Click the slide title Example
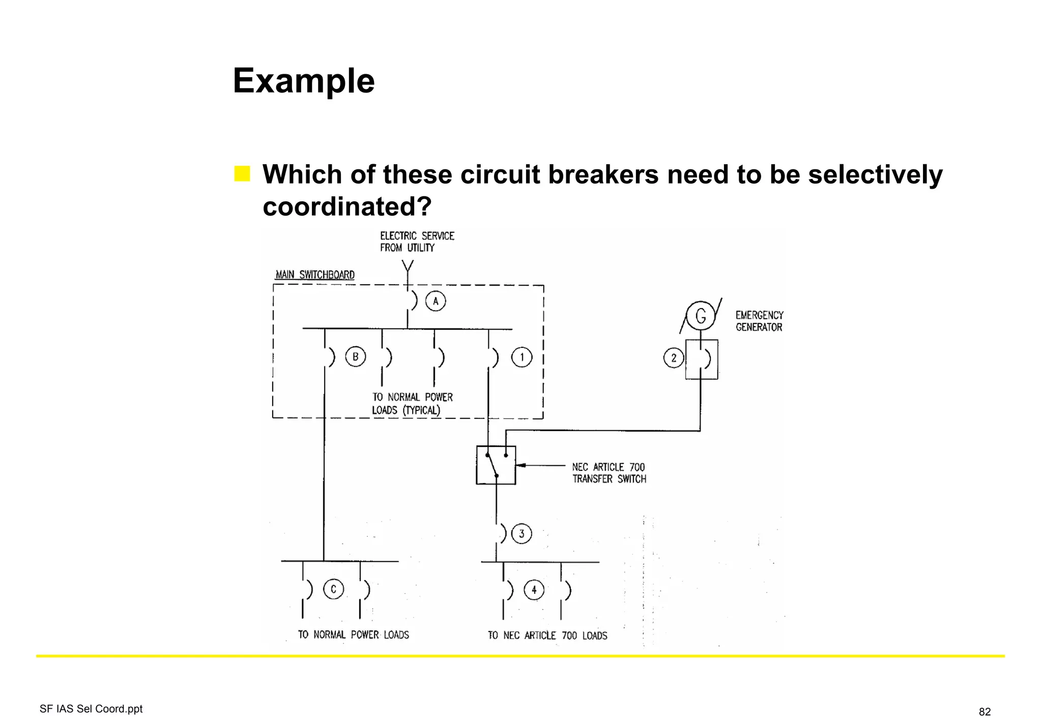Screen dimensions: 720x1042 click(303, 81)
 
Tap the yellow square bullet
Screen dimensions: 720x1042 click(242, 173)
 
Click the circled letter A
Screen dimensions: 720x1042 click(436, 301)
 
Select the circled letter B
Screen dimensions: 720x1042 click(355, 357)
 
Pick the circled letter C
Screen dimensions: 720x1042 click(333, 589)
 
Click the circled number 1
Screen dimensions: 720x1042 click(522, 357)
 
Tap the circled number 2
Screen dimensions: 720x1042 click(674, 358)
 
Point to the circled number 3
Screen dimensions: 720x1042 click(522, 534)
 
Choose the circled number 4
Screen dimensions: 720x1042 click(534, 590)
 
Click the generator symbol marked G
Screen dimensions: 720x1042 click(701, 316)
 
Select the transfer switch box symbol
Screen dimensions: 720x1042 click(496, 465)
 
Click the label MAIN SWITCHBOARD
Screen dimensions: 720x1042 click(315, 275)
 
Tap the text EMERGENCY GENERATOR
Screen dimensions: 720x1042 click(759, 321)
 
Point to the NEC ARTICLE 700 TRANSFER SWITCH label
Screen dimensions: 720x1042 click(609, 473)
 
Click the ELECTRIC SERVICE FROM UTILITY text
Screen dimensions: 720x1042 click(417, 242)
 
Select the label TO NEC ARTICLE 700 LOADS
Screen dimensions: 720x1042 click(547, 636)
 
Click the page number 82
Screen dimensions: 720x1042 click(985, 711)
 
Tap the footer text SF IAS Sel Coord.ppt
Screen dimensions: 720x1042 click(91, 709)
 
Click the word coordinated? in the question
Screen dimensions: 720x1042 click(347, 206)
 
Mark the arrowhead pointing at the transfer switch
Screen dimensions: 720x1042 click(521, 465)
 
